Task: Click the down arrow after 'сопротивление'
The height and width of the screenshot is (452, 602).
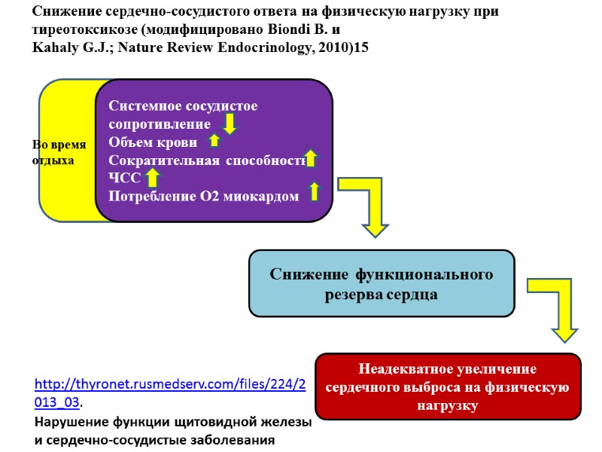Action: click(x=230, y=123)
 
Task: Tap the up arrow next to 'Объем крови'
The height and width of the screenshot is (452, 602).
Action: click(x=214, y=140)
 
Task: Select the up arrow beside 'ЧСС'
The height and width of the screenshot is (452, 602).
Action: click(x=153, y=178)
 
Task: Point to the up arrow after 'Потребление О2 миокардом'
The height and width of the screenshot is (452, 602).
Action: click(x=315, y=191)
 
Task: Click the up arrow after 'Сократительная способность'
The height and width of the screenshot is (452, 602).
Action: click(x=311, y=159)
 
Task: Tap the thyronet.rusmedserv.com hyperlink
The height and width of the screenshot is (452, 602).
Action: click(x=170, y=392)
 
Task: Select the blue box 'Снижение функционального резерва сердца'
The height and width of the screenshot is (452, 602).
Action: click(x=382, y=283)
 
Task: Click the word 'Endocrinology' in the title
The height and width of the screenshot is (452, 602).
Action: click(x=255, y=47)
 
